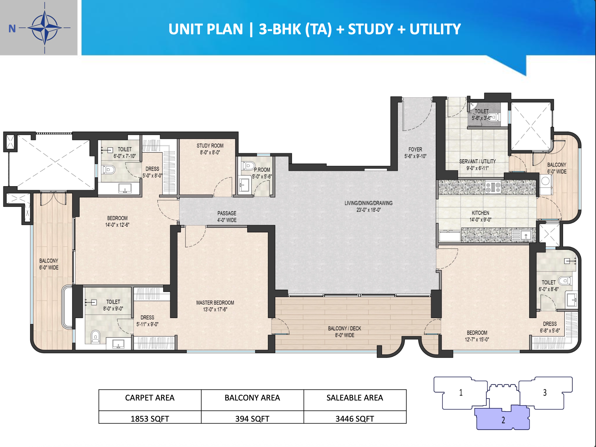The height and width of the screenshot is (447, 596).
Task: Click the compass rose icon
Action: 44,28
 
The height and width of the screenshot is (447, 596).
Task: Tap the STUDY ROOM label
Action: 210,149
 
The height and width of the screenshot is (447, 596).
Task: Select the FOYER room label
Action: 415,153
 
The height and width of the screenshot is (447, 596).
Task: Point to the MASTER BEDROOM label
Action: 215,306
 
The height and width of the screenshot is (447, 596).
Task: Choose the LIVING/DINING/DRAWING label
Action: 368,206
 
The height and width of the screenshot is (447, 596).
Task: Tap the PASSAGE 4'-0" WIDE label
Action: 227,217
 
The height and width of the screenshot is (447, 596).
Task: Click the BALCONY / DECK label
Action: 344,332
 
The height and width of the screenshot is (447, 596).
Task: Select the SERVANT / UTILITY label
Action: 477,164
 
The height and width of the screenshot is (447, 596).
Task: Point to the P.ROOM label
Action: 262,173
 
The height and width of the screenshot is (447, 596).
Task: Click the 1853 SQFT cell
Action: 150,418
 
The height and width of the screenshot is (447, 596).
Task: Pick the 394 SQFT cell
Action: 252,418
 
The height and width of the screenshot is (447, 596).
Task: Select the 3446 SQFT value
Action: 355,418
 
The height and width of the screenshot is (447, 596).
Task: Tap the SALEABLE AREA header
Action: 355,398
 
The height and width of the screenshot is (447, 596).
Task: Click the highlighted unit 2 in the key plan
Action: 502,419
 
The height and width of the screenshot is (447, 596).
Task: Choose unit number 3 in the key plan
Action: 545,392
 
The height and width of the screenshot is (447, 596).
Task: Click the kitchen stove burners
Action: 493,187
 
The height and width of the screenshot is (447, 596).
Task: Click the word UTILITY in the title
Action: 435,29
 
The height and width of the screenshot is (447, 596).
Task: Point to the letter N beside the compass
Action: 12,29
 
